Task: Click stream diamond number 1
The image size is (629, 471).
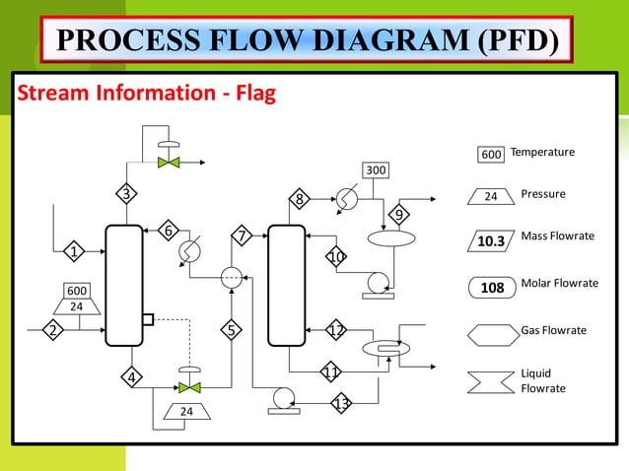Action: [74, 252]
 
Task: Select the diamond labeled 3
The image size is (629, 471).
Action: [126, 193]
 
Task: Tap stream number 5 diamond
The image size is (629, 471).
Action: [232, 330]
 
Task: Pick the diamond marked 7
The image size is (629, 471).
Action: [242, 235]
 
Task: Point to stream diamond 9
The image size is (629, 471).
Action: [399, 215]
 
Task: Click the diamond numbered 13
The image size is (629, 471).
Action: [342, 404]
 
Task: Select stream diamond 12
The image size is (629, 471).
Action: [336, 330]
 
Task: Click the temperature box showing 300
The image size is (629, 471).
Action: [376, 171]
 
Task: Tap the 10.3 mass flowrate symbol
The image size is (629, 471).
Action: [491, 240]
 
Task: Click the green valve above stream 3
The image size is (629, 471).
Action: [169, 162]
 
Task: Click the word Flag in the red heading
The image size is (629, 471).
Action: [246, 95]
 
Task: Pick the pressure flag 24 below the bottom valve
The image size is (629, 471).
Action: [188, 411]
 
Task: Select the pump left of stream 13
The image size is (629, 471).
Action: [283, 397]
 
